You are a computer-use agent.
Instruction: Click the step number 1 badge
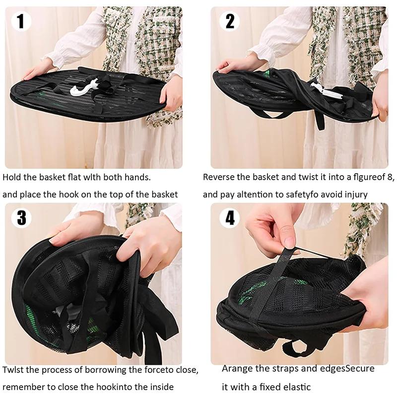21,21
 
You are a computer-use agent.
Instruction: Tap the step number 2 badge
229,21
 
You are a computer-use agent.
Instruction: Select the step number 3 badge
21,218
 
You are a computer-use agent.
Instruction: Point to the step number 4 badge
229,218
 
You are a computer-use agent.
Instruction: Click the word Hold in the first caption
12,177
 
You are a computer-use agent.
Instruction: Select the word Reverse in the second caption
219,177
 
